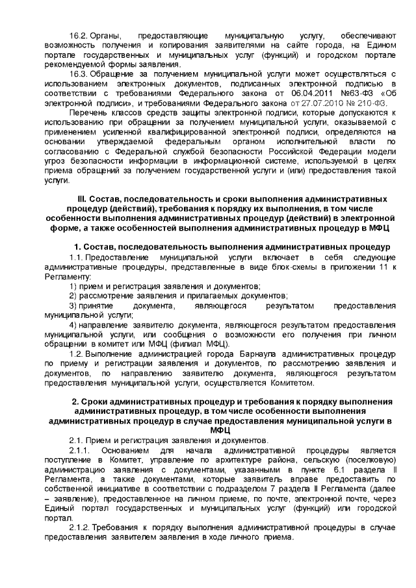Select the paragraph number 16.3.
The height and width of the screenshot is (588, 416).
[79, 75]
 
